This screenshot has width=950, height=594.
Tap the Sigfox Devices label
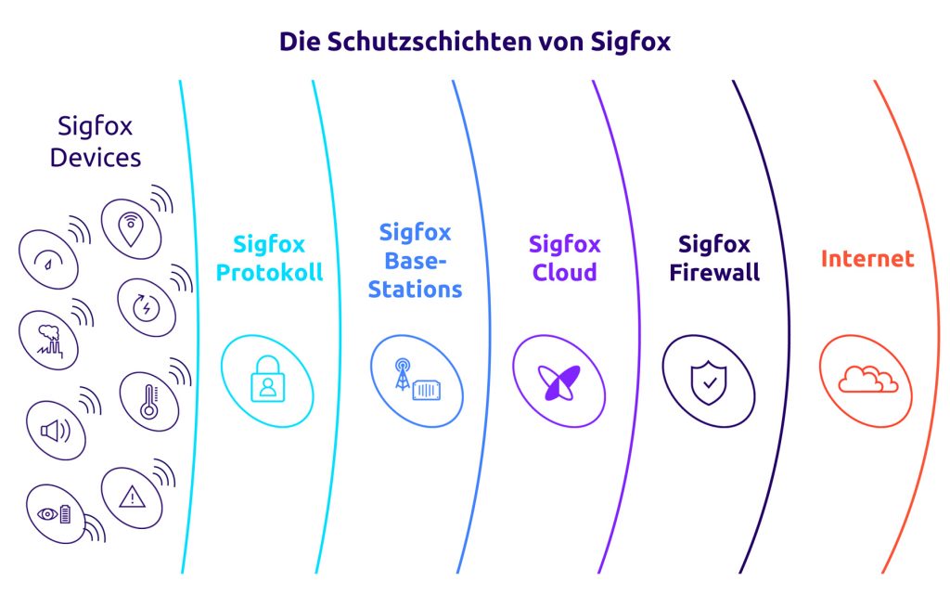tap(96, 141)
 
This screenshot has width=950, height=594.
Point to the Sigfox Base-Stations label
tap(415, 260)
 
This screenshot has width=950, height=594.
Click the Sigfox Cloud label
tap(565, 259)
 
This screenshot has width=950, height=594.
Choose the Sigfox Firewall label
tap(714, 259)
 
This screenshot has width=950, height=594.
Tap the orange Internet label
tap(867, 259)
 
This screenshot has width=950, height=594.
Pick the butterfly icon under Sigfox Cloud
tap(559, 381)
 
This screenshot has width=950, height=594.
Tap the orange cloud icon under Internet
tap(867, 380)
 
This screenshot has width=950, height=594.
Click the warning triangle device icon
tap(132, 497)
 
